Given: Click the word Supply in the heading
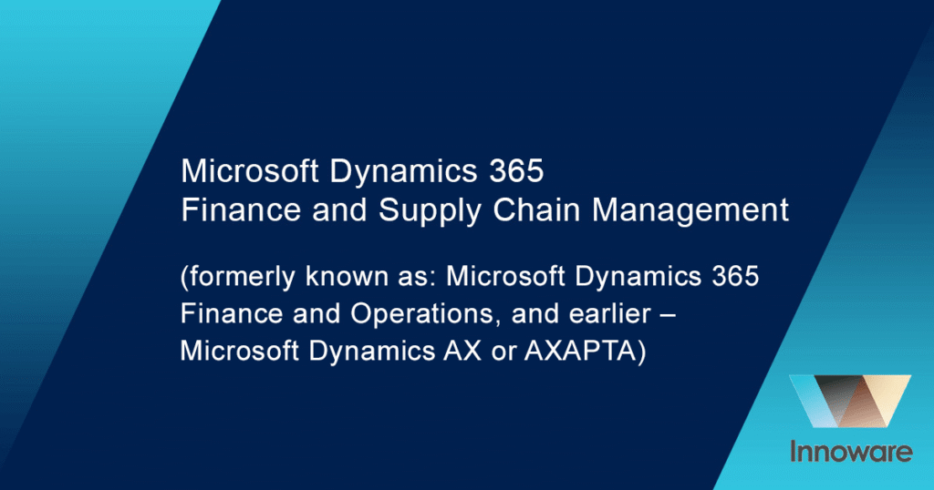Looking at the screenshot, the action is tap(430, 211).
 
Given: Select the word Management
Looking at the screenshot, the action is tap(690, 209).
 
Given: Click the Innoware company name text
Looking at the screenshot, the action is tap(851, 452).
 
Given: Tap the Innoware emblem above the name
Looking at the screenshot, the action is tap(850, 401).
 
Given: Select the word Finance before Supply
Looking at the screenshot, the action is tap(240, 209).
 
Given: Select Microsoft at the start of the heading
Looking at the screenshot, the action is tap(249, 171).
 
